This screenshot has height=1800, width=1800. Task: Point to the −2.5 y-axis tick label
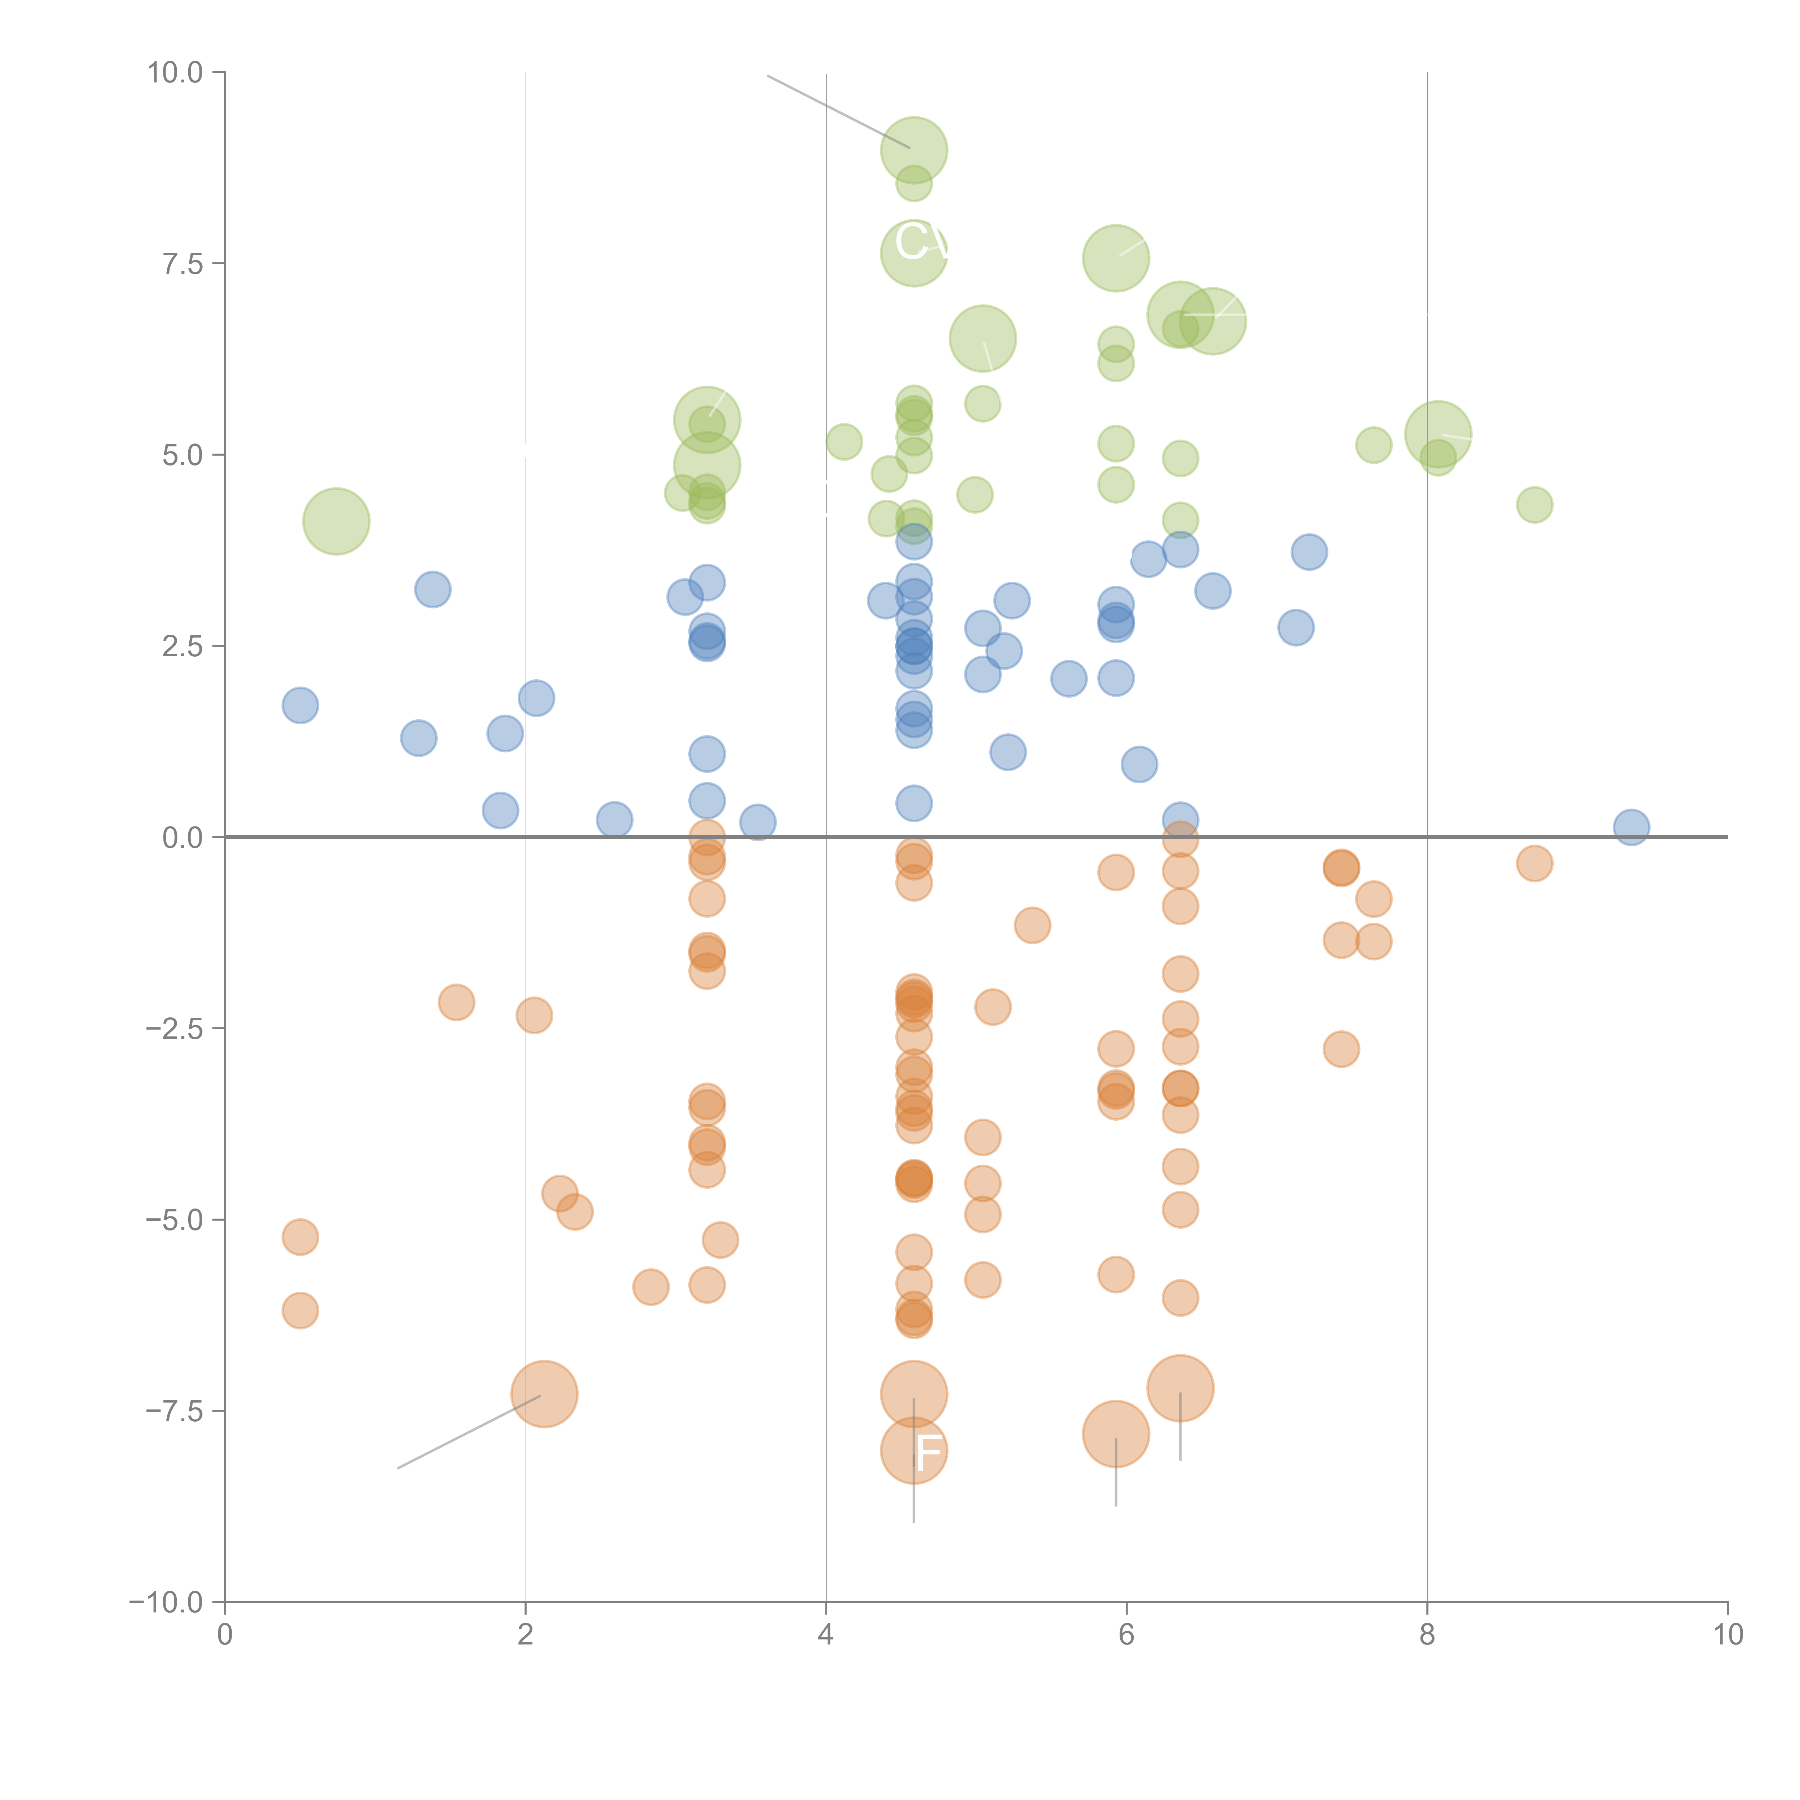[x=173, y=1029]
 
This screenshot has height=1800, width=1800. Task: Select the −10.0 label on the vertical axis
[x=166, y=1602]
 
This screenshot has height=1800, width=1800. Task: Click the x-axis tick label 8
[x=1427, y=1635]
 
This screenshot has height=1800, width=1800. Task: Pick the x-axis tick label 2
[x=526, y=1635]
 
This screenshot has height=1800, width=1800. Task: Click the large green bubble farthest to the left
[x=336, y=521]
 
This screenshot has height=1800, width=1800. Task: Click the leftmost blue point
[x=300, y=705]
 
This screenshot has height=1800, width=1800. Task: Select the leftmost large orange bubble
[x=545, y=1394]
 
